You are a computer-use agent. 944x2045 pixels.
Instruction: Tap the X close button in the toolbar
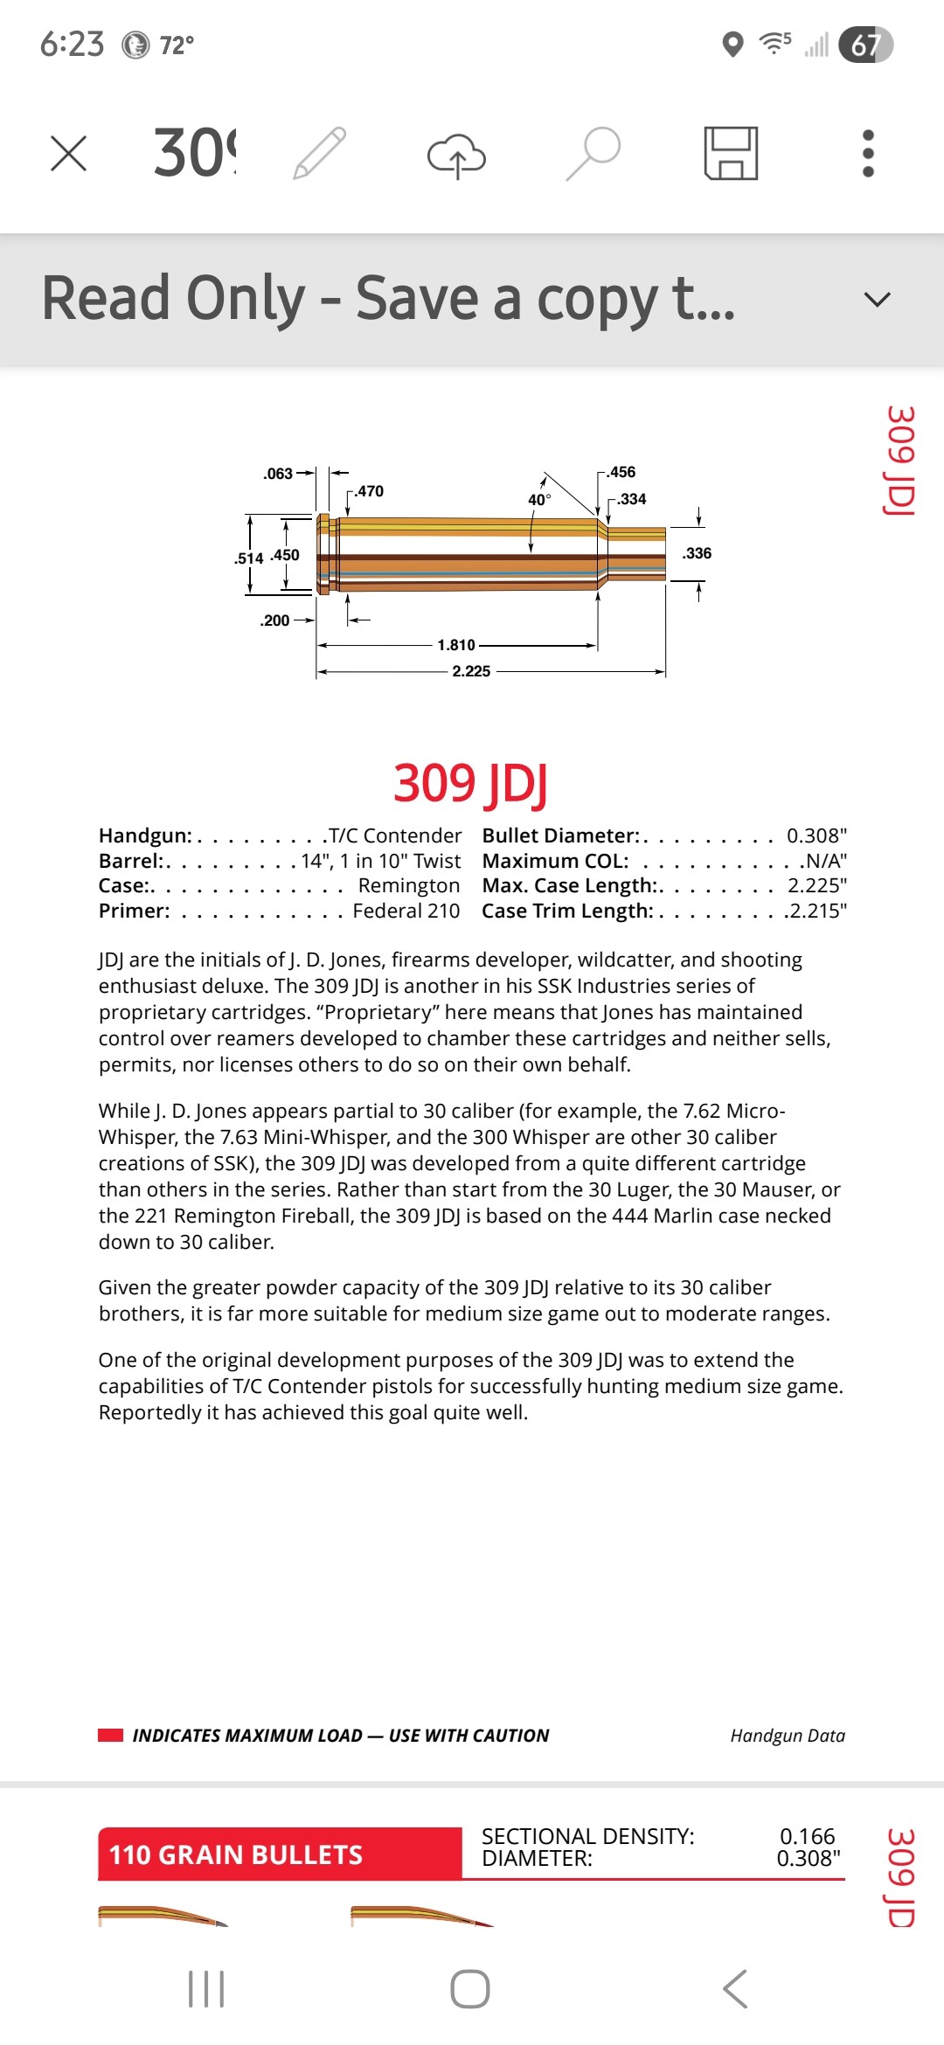(x=68, y=154)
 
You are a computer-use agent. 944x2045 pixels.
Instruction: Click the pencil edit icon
(x=320, y=154)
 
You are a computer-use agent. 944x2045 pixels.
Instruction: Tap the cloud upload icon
(x=456, y=156)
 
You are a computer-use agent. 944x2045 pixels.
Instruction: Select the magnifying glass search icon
(x=593, y=153)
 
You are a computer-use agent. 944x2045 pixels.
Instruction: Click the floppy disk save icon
(x=731, y=154)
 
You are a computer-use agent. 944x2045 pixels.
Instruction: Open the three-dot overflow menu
(x=868, y=154)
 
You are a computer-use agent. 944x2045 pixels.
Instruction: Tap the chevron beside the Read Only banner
(x=877, y=300)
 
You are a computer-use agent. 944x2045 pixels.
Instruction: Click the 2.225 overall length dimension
(x=471, y=671)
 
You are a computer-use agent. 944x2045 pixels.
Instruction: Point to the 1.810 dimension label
(x=456, y=645)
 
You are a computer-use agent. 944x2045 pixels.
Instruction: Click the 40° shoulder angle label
(x=538, y=500)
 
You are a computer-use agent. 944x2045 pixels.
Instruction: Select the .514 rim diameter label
(x=249, y=558)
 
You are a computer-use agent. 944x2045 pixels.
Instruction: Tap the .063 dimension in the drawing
(x=278, y=474)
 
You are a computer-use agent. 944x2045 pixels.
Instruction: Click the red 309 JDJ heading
(x=471, y=783)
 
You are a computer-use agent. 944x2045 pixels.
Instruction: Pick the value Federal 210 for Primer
(x=406, y=911)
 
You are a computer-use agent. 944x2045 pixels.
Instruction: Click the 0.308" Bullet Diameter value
(x=816, y=835)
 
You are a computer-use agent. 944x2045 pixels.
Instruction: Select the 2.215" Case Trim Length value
(x=816, y=911)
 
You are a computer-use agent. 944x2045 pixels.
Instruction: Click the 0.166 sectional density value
(x=807, y=1836)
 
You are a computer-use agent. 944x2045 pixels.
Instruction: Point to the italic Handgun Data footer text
(x=788, y=1736)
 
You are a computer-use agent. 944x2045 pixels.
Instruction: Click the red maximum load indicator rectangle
(x=111, y=1736)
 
